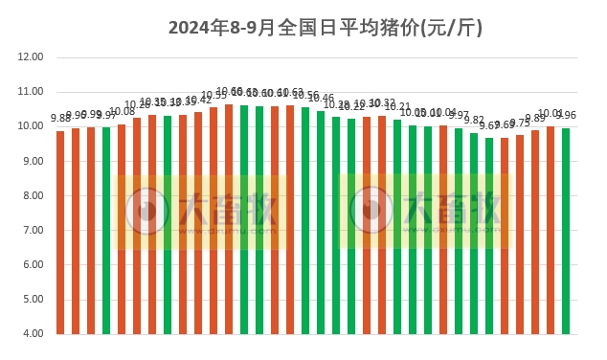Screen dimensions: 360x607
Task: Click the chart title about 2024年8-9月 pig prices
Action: pyautogui.click(x=326, y=28)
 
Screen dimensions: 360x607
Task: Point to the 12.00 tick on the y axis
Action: pyautogui.click(x=31, y=57)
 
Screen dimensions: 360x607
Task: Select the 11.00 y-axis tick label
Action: pyautogui.click(x=31, y=92)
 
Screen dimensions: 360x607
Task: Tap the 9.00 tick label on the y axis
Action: pyautogui.click(x=31, y=161)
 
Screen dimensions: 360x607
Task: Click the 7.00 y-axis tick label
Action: pyautogui.click(x=31, y=231)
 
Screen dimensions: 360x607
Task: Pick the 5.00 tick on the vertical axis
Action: pyautogui.click(x=31, y=300)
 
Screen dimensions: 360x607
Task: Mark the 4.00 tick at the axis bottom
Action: pyautogui.click(x=31, y=334)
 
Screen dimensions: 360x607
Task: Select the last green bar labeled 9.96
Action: pyautogui.click(x=566, y=231)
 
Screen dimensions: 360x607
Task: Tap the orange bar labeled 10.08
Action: pyautogui.click(x=122, y=229)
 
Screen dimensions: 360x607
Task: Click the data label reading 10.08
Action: pyautogui.click(x=123, y=112)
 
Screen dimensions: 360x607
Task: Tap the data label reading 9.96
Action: pyautogui.click(x=567, y=116)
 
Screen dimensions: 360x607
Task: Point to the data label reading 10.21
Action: pyautogui.click(x=397, y=107)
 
